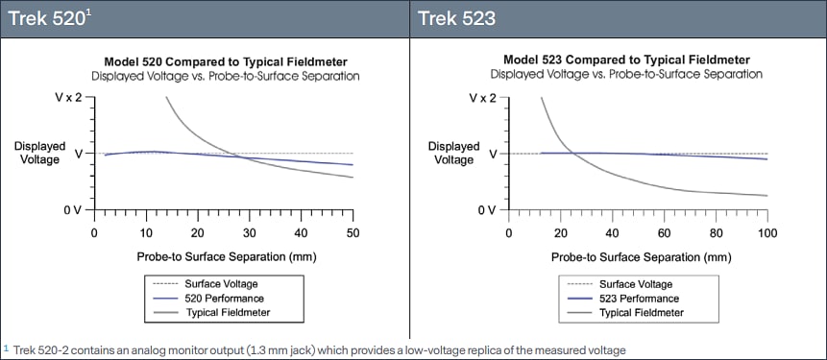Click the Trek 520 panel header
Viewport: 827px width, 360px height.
pyautogui.click(x=38, y=18)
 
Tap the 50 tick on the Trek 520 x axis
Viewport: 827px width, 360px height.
pyautogui.click(x=352, y=231)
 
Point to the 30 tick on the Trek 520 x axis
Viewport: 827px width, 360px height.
pyautogui.click(x=249, y=231)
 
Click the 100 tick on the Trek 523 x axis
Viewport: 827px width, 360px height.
pyautogui.click(x=766, y=231)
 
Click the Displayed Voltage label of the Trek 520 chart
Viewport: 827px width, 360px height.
pyautogui.click(x=39, y=153)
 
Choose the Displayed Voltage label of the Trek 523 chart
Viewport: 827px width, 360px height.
pyautogui.click(x=453, y=153)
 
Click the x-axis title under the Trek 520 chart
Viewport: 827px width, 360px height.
pyautogui.click(x=224, y=256)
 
